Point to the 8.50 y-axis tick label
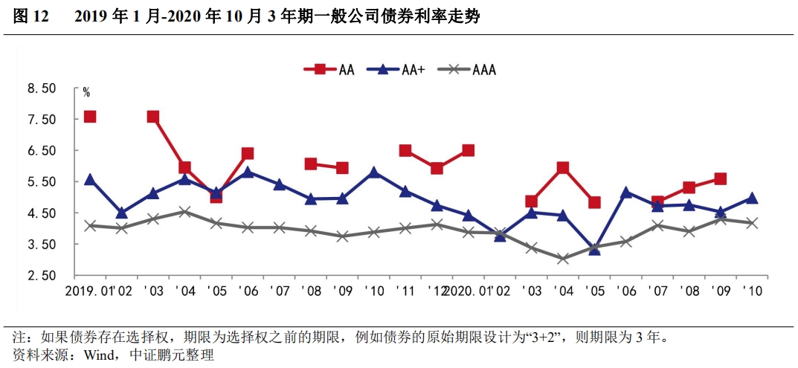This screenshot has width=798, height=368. coord(42,88)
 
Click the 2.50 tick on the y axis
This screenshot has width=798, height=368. coord(42,276)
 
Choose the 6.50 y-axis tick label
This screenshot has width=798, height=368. coord(42,151)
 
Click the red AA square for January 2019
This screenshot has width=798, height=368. coord(90,117)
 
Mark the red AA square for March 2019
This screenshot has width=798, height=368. coord(153,117)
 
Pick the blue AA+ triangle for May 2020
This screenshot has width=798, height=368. coord(594,249)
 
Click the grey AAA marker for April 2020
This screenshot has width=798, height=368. coord(563,259)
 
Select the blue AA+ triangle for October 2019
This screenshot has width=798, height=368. coord(374,172)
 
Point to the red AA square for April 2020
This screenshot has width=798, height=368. coord(563,168)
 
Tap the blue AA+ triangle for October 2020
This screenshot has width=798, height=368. coord(752,198)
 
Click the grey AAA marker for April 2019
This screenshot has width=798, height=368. coord(184,212)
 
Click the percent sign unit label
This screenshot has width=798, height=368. coord(86,93)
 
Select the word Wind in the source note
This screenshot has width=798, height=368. coord(97,355)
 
